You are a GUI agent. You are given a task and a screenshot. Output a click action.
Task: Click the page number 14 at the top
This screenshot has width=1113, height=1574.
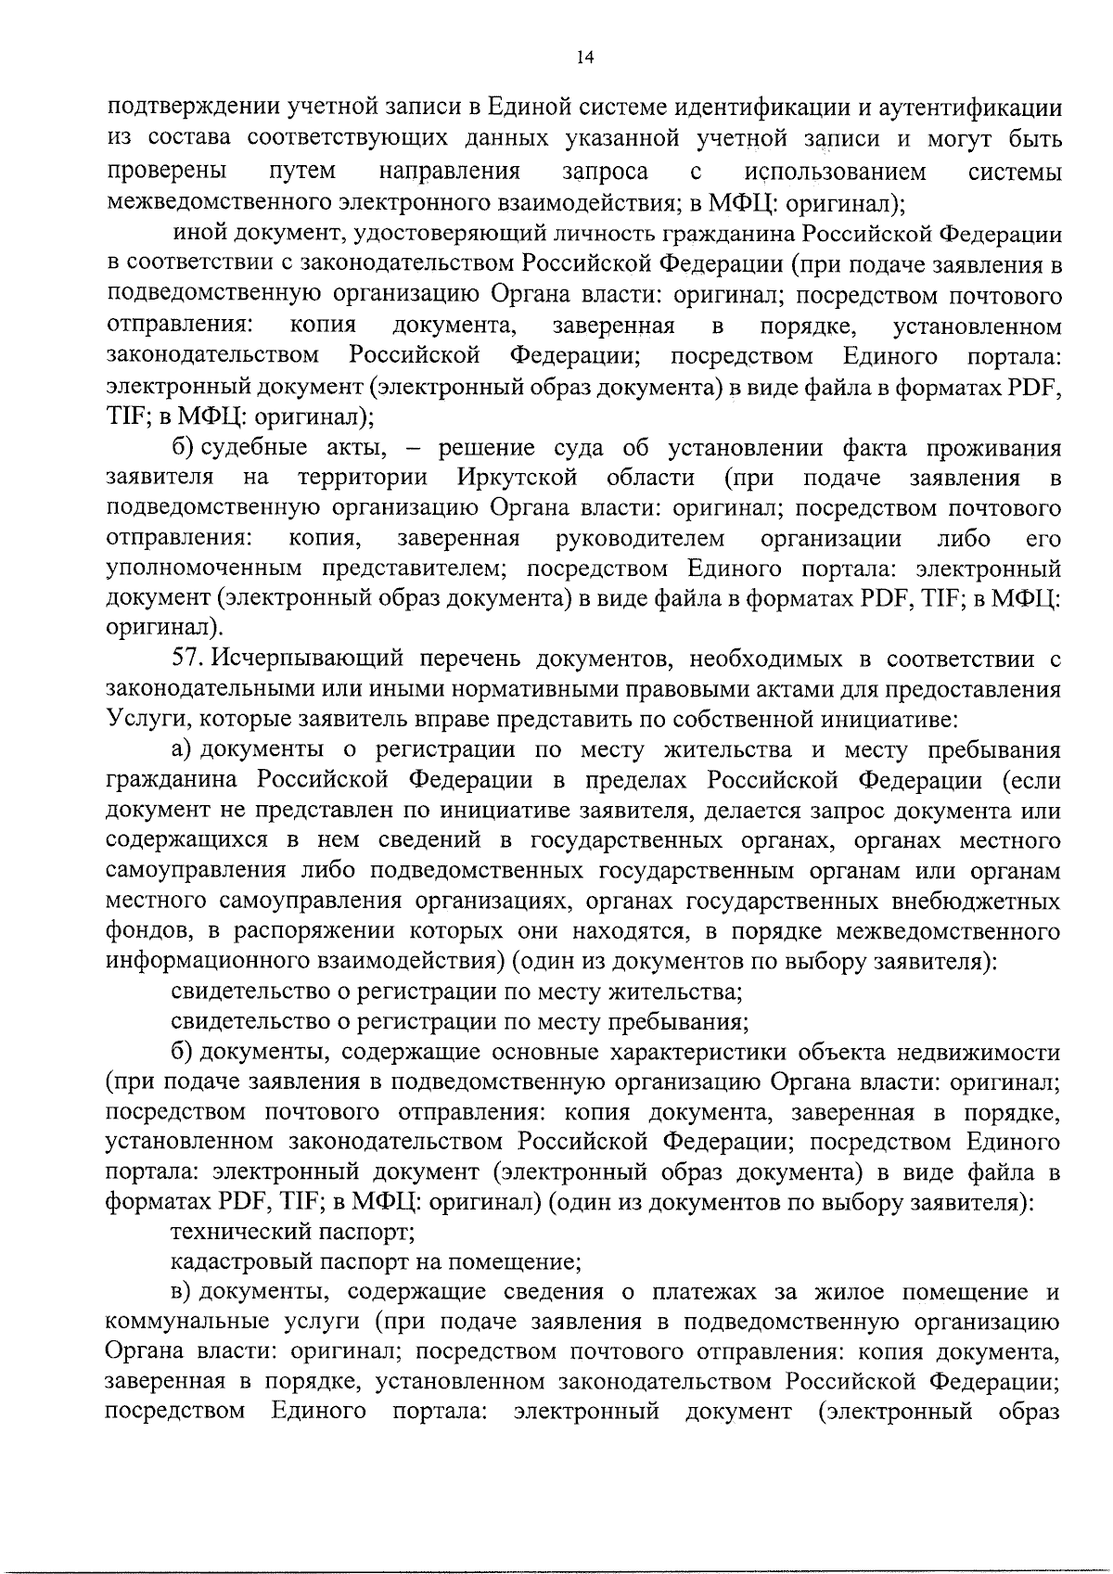(584, 58)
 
